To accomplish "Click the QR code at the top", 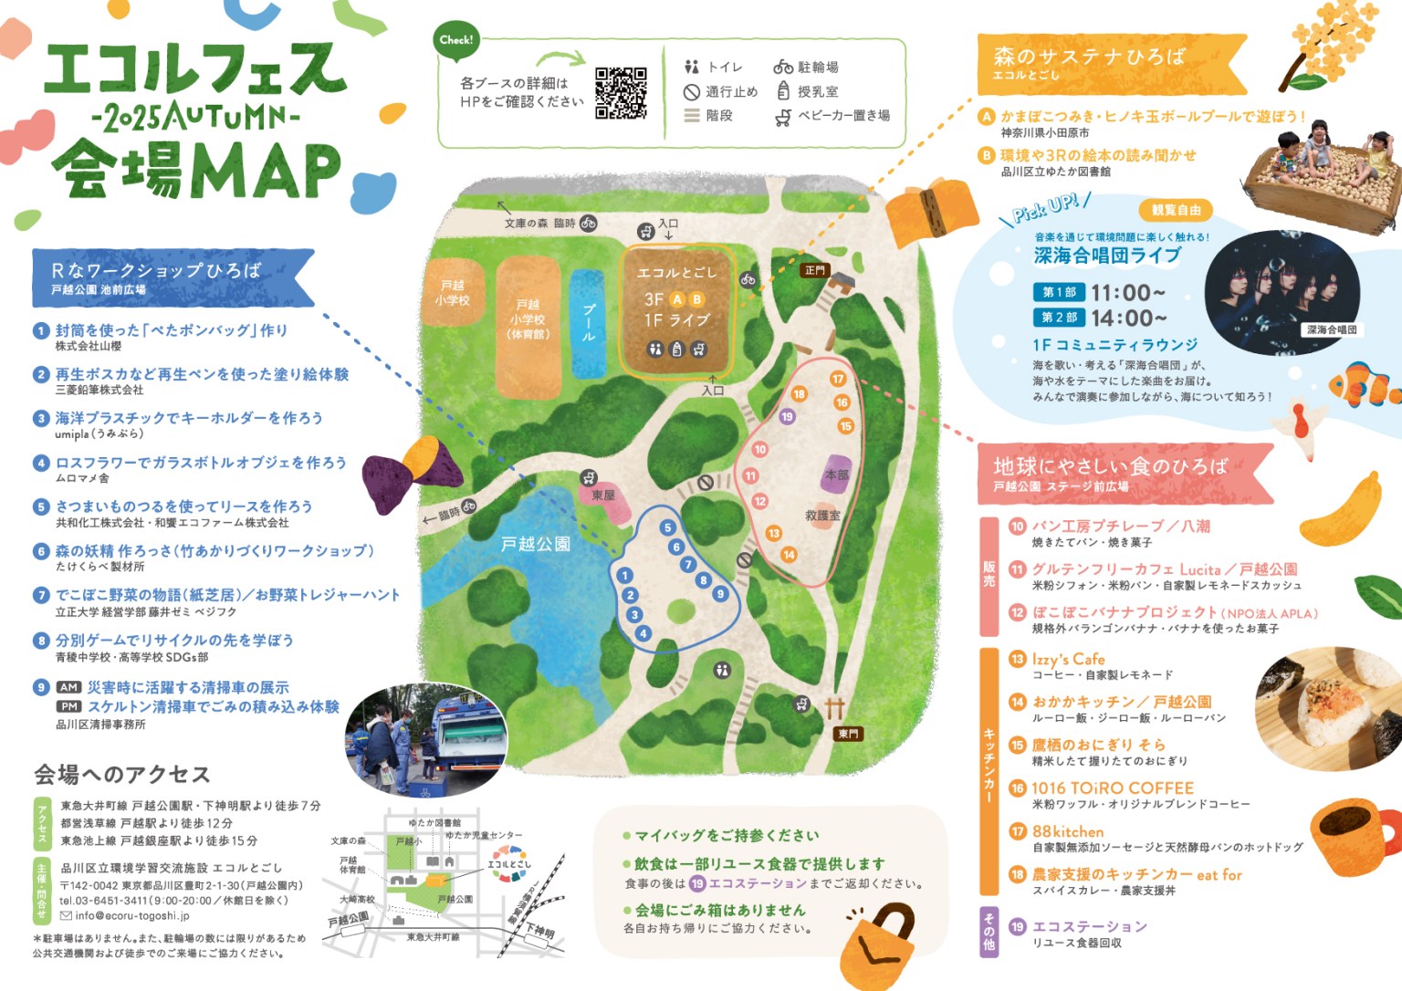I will [x=621, y=92].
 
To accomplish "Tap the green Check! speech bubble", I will [x=456, y=41].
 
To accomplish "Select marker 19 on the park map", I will [x=787, y=416].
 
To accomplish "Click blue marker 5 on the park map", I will [x=668, y=527].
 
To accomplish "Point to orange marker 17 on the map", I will [x=837, y=379].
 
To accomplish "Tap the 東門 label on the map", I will [x=848, y=734].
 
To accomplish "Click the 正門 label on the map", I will [x=814, y=270].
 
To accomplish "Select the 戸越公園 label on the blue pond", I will [x=535, y=545].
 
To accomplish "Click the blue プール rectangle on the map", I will [x=588, y=324].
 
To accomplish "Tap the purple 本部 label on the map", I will [x=836, y=475].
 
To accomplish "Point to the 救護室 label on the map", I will [x=822, y=516].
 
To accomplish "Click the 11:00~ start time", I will [x=1128, y=293].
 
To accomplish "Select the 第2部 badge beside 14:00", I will [x=1059, y=318].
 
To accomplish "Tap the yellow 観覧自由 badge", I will [x=1176, y=210].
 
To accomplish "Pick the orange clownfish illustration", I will [x=1363, y=385].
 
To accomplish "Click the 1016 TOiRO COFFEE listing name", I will [x=1112, y=788].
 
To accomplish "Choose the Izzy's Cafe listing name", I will [x=1068, y=659].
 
